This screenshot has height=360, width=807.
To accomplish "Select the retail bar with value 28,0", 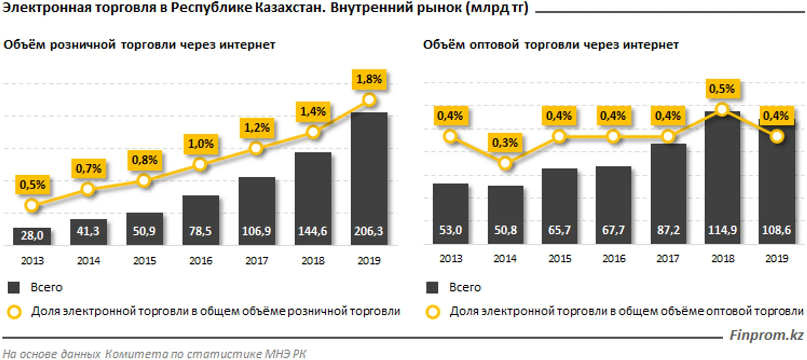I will (x=32, y=236).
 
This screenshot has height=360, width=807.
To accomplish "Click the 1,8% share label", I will (x=369, y=79).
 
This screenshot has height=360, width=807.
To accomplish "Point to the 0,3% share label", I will (x=505, y=143).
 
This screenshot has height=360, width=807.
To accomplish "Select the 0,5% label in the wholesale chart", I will (x=722, y=89).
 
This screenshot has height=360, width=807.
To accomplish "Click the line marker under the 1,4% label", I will (x=313, y=132).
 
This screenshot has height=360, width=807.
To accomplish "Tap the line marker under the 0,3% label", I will (x=505, y=164).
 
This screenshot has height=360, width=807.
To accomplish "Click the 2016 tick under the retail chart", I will (x=201, y=260).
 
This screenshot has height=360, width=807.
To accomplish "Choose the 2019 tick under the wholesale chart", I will (x=777, y=258).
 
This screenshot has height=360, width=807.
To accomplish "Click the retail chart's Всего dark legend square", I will (x=14, y=287).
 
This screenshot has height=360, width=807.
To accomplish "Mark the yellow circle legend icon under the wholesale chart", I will (x=433, y=312).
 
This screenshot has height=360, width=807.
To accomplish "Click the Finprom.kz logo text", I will (x=766, y=335).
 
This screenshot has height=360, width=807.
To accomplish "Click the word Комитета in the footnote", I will (x=136, y=354).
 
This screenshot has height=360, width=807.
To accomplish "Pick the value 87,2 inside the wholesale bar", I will (x=668, y=230).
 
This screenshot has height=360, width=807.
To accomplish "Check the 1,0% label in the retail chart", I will (x=201, y=144).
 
